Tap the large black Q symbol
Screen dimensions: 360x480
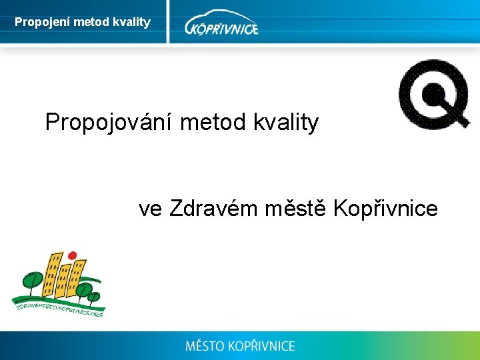(434, 93)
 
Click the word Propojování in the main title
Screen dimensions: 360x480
(109, 123)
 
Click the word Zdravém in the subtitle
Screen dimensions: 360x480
(213, 209)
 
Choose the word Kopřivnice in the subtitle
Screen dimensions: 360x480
(385, 209)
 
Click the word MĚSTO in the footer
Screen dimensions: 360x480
(204, 346)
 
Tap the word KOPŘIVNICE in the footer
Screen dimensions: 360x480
(261, 346)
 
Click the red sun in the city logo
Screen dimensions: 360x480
(73, 255)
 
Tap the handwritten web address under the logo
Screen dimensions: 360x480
(59, 306)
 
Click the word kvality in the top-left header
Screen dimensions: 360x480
(133, 23)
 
